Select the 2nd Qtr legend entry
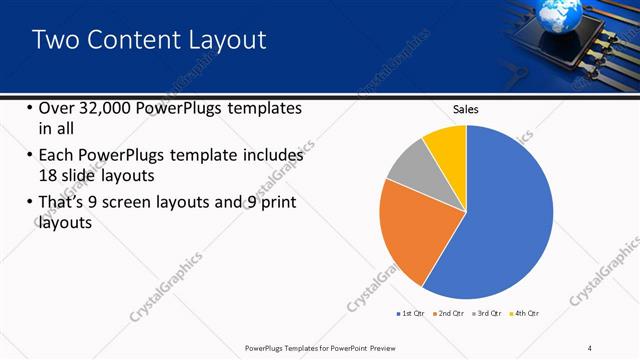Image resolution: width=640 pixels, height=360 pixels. point(449,313)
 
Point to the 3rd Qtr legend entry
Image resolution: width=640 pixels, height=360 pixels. point(487,313)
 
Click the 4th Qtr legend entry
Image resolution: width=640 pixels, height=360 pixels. point(526,313)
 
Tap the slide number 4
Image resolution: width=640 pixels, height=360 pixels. point(591,347)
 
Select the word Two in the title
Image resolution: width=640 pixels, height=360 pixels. point(55,40)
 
